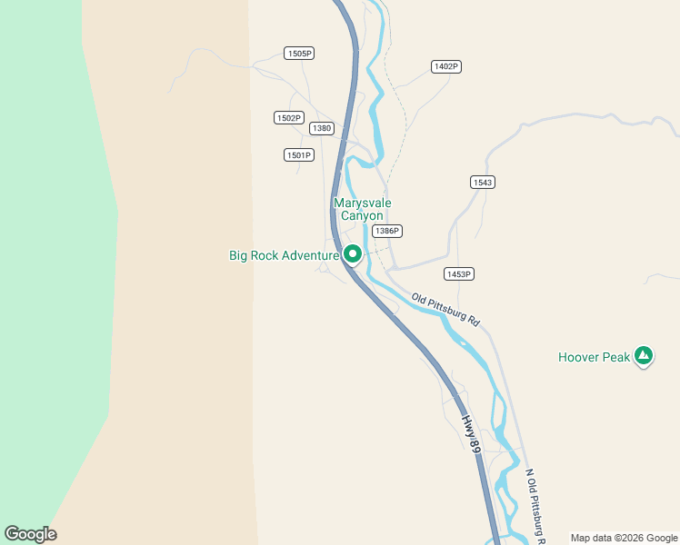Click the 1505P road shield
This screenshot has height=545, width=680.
tap(298, 54)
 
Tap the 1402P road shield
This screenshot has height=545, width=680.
tap(445, 66)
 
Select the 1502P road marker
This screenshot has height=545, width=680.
tap(288, 118)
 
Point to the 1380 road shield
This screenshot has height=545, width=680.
tap(322, 128)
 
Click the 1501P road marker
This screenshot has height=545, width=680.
tap(298, 155)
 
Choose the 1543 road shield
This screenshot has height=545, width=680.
tap(483, 183)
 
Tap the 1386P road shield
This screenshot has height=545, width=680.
tap(387, 231)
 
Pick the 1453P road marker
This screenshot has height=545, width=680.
tap(459, 273)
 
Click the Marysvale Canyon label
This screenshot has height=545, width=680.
tap(362, 210)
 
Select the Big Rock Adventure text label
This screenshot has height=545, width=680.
tap(284, 256)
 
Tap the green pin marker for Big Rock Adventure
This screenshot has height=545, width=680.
tap(353, 254)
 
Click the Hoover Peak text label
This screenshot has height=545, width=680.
tap(594, 357)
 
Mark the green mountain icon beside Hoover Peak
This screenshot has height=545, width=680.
tap(644, 356)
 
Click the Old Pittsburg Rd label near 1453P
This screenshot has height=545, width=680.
tap(445, 310)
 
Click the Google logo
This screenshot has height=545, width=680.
tap(30, 534)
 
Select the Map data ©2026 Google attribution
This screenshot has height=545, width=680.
tap(625, 538)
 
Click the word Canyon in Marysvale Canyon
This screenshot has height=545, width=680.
tap(362, 216)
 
